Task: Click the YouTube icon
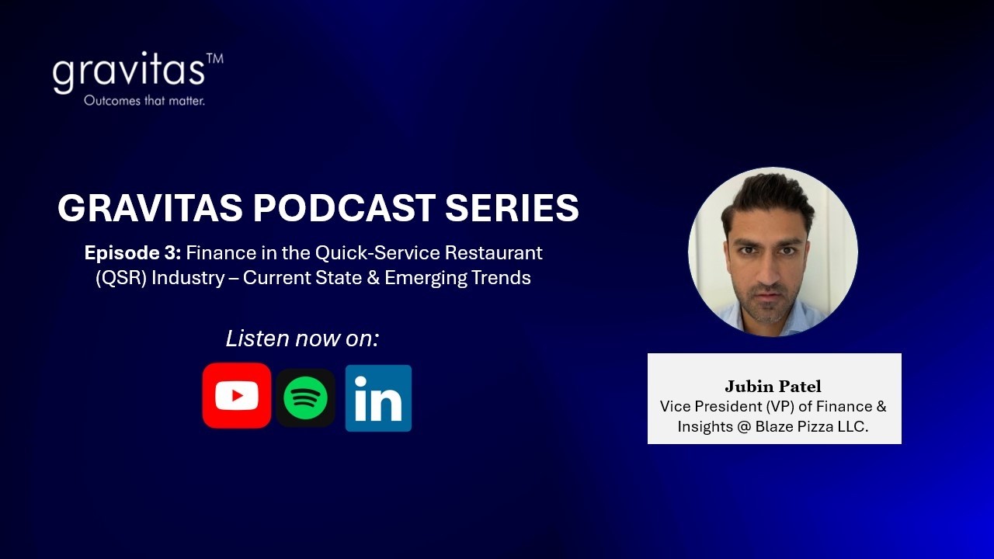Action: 237,396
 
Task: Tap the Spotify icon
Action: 305,398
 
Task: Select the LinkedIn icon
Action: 378,398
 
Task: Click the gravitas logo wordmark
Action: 128,72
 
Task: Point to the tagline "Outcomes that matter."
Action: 144,101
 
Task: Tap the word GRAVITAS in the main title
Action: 150,208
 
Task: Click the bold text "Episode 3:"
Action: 133,253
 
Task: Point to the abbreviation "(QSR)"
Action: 121,278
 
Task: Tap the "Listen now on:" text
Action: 302,339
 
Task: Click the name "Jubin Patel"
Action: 773,387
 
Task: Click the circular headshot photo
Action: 773,252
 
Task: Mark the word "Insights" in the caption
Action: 705,426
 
